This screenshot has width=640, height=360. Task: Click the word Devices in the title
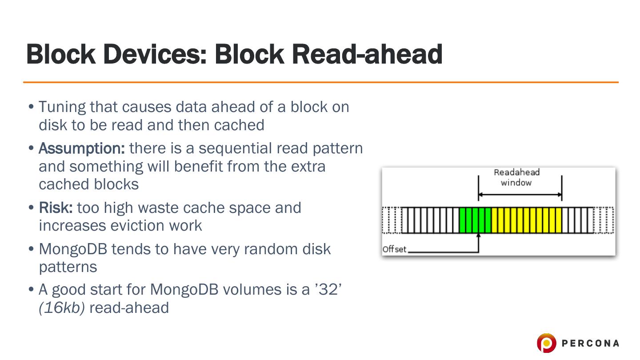coord(155,54)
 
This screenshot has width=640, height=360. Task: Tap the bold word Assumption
coord(82,149)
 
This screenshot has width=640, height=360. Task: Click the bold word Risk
coord(56,208)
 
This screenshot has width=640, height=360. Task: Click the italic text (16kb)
coord(62,308)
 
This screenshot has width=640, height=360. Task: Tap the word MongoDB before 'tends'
coord(73,249)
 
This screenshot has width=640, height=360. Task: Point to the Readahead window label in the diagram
coord(516,177)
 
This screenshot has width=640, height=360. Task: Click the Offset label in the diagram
coord(394,249)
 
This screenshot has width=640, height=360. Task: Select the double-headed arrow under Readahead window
coord(520,195)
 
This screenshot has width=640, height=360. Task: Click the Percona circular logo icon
coord(546,343)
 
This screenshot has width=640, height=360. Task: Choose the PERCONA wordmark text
coord(590,343)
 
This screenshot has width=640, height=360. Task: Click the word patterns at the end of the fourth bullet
coord(68,267)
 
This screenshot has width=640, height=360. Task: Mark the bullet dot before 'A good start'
coord(31,289)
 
